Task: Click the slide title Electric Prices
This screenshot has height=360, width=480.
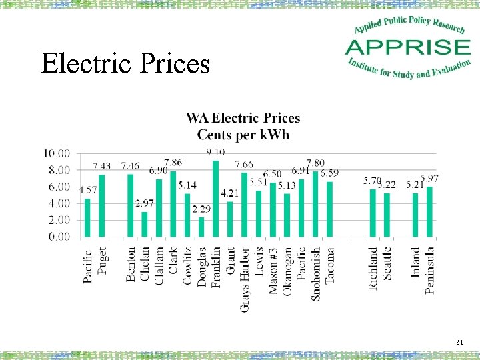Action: [x=125, y=63]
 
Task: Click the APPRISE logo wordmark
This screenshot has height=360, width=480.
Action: [x=407, y=48]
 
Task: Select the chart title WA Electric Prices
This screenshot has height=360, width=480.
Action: [x=243, y=119]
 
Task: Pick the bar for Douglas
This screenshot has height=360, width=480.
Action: [x=201, y=227]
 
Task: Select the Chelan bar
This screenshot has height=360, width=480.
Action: [x=145, y=224]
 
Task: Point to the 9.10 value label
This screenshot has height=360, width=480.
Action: [x=215, y=153]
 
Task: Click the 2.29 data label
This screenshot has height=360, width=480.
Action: [x=201, y=210]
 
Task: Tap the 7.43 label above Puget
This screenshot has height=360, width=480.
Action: [x=102, y=166]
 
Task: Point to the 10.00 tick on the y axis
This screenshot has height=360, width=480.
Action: [x=57, y=153]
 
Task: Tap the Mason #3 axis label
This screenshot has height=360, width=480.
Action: [x=273, y=271]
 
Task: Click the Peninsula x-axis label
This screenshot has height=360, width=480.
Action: [x=430, y=270]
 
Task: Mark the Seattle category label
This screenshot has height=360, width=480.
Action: [x=387, y=263]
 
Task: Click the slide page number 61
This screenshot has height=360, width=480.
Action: [x=459, y=342]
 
